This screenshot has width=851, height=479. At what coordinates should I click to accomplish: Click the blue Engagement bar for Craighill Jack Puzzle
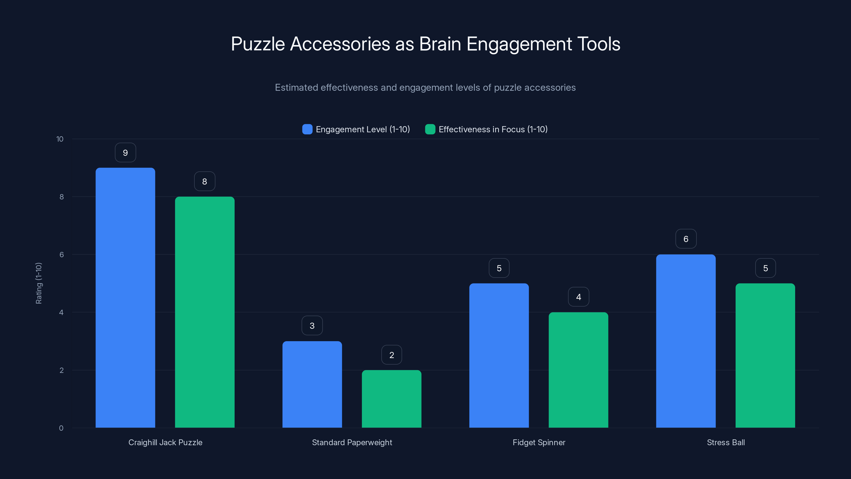coord(125,298)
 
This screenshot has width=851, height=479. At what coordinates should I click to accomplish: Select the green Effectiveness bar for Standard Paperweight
coord(391,399)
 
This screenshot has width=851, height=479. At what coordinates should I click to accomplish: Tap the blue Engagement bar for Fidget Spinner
coord(499,355)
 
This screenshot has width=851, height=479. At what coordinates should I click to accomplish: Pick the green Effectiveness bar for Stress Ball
coord(765,355)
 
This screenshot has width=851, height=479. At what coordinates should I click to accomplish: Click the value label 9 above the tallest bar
coord(125,153)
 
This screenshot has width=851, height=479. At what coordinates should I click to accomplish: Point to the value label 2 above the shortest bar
coord(391,355)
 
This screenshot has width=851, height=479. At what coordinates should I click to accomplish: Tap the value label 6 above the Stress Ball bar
coord(686,239)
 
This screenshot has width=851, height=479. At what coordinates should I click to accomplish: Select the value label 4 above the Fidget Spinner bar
coord(578,297)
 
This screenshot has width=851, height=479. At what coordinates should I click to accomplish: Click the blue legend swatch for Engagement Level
coord(307,129)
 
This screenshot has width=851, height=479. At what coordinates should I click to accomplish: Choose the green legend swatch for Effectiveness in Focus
coord(430,129)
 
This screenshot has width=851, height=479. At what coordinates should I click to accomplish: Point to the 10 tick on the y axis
coord(60,139)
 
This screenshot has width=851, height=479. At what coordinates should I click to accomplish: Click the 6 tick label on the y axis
coord(61,255)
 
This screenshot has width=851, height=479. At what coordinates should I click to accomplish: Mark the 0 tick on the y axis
coord(61,428)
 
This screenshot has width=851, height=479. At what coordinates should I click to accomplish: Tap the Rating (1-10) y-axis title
coord(39,283)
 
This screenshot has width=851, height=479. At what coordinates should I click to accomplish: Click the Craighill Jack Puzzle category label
coord(165,442)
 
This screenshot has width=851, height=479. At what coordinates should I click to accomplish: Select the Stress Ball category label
coord(726,442)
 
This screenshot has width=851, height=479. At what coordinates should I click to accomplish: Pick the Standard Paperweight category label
coord(352,442)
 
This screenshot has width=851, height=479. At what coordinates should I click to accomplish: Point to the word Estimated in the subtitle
coord(296,88)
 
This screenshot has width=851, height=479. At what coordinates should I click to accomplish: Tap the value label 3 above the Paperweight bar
coord(312,326)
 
